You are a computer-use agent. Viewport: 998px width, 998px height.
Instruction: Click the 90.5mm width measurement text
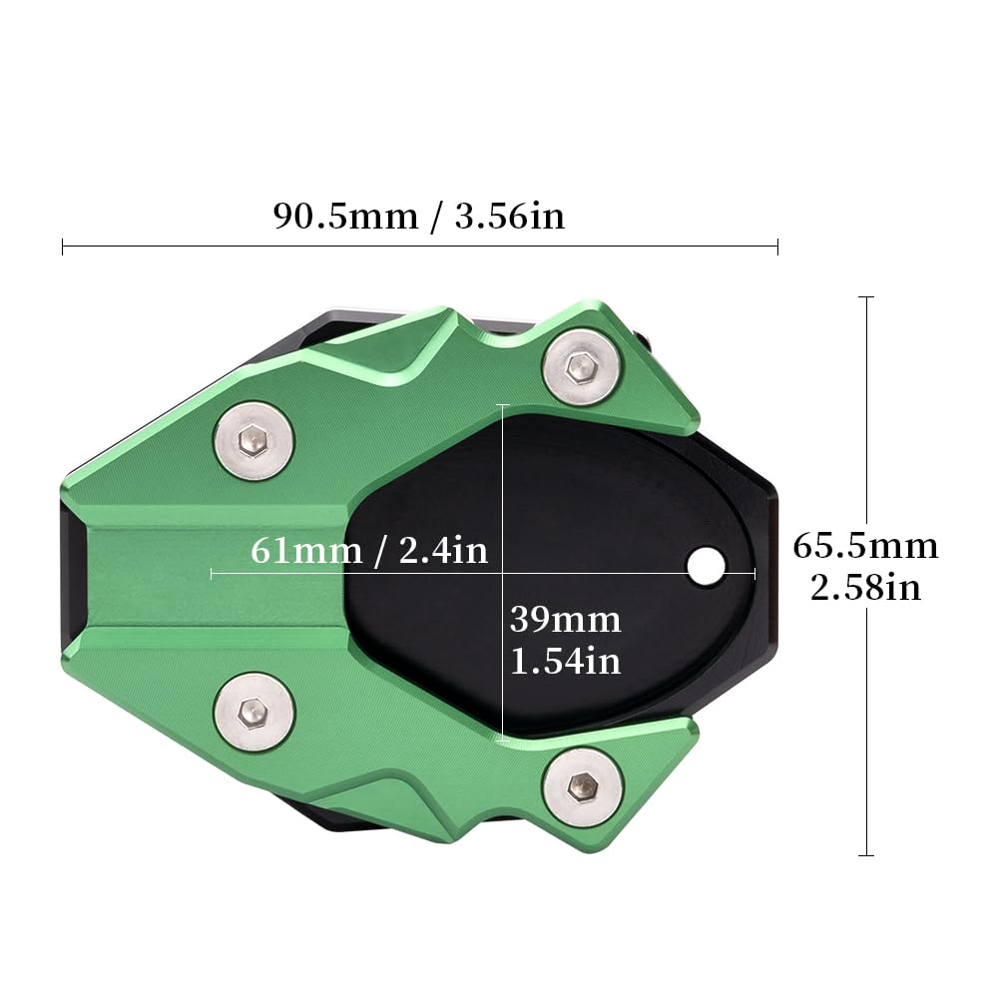click(x=345, y=216)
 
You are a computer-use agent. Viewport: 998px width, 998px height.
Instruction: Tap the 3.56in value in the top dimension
click(x=509, y=216)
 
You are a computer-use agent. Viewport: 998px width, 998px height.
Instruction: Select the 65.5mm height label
click(x=865, y=546)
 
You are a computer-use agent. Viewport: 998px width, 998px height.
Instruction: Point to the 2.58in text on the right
click(x=865, y=587)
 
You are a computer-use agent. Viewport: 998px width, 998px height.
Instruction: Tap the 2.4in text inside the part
click(x=443, y=549)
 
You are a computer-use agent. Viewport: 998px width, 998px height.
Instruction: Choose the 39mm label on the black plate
click(x=565, y=620)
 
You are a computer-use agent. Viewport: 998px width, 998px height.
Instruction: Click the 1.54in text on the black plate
click(x=565, y=660)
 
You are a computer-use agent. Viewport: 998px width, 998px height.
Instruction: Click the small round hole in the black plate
click(x=706, y=566)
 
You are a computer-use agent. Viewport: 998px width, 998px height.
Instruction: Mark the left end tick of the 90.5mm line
click(x=63, y=247)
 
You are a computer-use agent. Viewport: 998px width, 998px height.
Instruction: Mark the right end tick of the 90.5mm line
click(x=777, y=247)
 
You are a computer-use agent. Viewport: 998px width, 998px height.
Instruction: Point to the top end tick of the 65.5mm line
click(x=866, y=297)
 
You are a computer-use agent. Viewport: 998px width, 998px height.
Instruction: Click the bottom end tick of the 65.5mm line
click(x=866, y=855)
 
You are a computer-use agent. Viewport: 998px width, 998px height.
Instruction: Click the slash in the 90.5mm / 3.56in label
click(x=435, y=216)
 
